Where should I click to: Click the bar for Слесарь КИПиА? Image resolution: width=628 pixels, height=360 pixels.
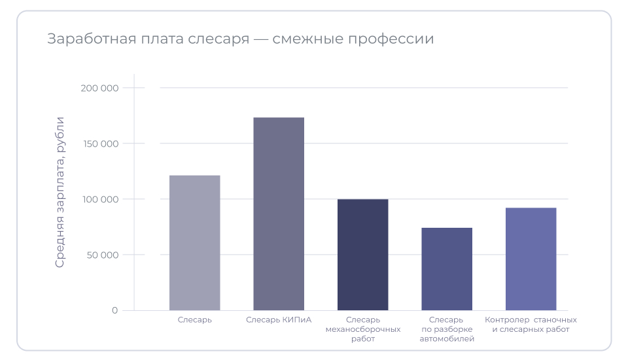[x=279, y=213]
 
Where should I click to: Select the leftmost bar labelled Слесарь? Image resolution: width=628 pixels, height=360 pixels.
[x=194, y=242]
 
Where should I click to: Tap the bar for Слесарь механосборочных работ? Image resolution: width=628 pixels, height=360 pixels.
[x=362, y=254]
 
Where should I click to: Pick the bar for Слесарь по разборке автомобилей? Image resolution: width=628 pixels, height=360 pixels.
[x=447, y=268]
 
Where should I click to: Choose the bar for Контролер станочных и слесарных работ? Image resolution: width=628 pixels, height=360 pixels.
[x=531, y=259]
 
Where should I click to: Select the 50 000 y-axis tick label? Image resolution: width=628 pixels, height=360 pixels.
[x=104, y=255]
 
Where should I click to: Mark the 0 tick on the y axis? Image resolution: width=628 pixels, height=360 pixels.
[x=114, y=310]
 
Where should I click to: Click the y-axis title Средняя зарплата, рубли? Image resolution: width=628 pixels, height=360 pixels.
[x=60, y=192]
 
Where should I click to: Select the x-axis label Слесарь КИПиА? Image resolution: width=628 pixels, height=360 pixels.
[x=279, y=320]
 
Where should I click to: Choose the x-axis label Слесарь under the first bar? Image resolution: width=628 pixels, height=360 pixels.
[x=194, y=320]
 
